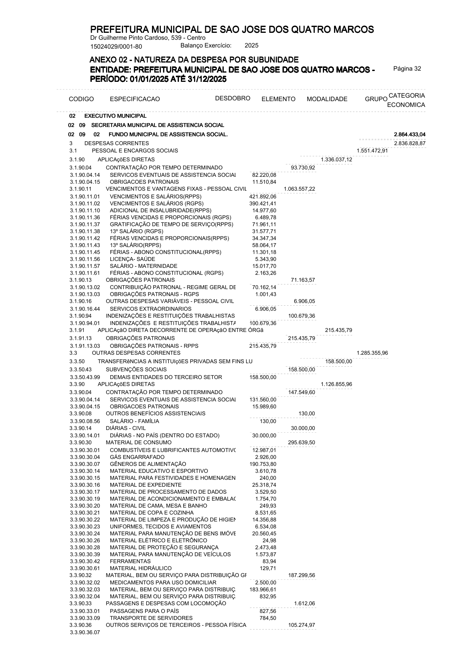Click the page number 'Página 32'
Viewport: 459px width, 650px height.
pyautogui.click(x=407, y=69)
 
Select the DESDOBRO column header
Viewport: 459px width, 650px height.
pyautogui.click(x=233, y=98)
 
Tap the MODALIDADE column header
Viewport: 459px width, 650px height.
pyautogui.click(x=327, y=99)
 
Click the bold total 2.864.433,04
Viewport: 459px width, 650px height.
pyautogui.click(x=410, y=134)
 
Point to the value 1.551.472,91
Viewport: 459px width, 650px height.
pyautogui.click(x=372, y=151)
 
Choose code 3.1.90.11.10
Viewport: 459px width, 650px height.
pyautogui.click(x=85, y=210)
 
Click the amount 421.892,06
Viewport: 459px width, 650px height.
pyautogui.click(x=263, y=196)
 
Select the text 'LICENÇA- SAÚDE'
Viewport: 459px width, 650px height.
pyautogui.click(x=132, y=259)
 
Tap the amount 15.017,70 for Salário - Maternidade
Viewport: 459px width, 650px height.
pyautogui.click(x=264, y=266)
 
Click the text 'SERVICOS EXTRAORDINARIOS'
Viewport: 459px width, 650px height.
pyautogui.click(x=150, y=309)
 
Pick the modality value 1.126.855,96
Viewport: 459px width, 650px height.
pyautogui.click(x=336, y=384)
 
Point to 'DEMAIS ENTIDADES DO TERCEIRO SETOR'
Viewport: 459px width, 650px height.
pyautogui.click(x=166, y=377)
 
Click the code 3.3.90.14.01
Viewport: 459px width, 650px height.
pyautogui.click(x=85, y=435)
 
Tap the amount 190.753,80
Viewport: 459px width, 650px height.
pyautogui.click(x=263, y=464)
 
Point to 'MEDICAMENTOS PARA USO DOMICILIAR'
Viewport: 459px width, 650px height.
pyautogui.click(x=163, y=582)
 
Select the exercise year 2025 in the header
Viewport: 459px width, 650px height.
pyautogui.click(x=251, y=46)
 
